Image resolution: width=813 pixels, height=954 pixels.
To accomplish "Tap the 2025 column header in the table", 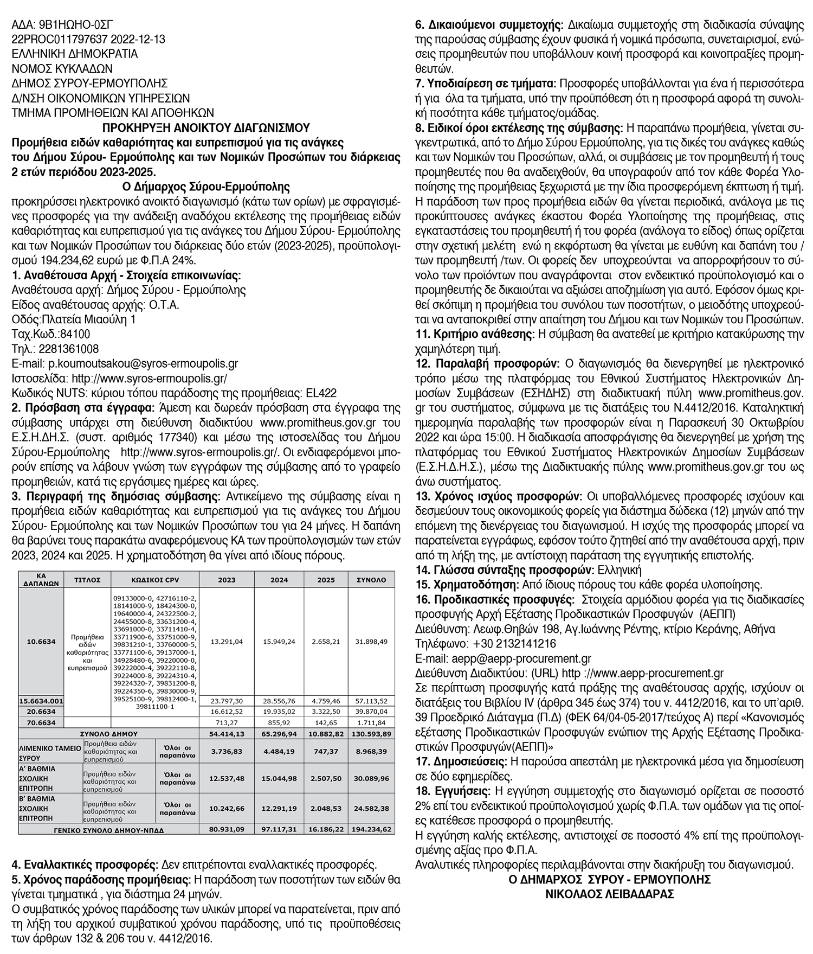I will point(326,579).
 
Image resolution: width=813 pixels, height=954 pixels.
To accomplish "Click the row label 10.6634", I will point(41,642).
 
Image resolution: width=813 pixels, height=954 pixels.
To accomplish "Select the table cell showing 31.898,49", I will point(371,642).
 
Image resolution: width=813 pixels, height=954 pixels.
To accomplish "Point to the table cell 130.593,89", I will point(371,733).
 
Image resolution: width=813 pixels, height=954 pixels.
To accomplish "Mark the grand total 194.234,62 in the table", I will point(371,829).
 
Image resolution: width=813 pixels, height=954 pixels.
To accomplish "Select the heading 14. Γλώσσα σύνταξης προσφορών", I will point(504,569).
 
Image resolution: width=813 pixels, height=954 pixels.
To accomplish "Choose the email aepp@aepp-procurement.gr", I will point(521,658).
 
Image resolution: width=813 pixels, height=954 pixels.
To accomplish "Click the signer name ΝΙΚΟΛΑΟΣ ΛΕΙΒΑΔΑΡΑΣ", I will point(609,894).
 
